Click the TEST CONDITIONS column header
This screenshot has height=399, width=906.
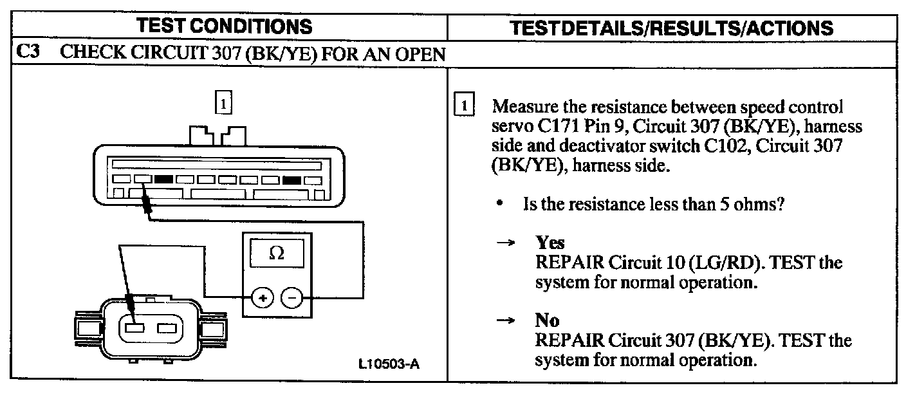(x=225, y=26)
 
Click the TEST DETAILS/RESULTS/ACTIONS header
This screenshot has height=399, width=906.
(x=670, y=28)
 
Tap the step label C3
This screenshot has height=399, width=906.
(x=27, y=53)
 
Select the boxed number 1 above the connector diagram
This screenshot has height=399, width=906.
(x=223, y=103)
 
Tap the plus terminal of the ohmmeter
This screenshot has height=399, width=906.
(x=263, y=298)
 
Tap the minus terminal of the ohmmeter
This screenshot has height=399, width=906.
(x=292, y=298)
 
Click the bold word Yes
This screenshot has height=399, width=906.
(x=550, y=243)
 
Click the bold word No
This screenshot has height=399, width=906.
(x=547, y=320)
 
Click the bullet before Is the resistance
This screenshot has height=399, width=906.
(x=499, y=204)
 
